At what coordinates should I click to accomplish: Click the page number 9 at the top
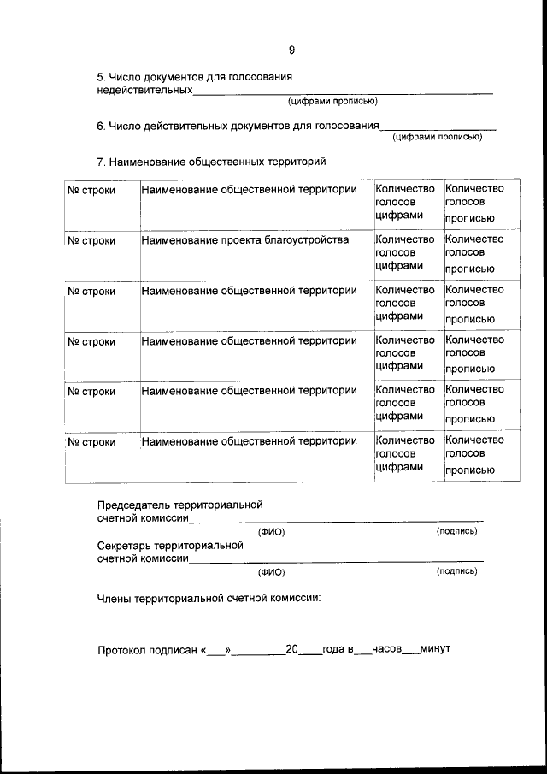pyautogui.click(x=292, y=50)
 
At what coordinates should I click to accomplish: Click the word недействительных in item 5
pyautogui.click(x=144, y=90)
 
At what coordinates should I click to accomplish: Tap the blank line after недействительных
pyautogui.click(x=342, y=91)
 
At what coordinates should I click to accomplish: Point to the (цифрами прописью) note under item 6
pyautogui.click(x=437, y=136)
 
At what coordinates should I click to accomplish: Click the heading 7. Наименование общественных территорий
pyautogui.click(x=212, y=161)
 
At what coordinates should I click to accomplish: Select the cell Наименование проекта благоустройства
pyautogui.click(x=245, y=240)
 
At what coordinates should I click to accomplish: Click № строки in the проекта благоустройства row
pyautogui.click(x=91, y=240)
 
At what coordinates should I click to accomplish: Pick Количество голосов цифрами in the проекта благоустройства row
pyautogui.click(x=405, y=252)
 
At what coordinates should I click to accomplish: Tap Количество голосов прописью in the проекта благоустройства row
pyautogui.click(x=475, y=253)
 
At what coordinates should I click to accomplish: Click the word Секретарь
pyautogui.click(x=127, y=545)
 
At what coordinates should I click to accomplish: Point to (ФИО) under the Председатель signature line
pyautogui.click(x=271, y=532)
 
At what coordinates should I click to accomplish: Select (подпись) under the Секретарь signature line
pyautogui.click(x=456, y=570)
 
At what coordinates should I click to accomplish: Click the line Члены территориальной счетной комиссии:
pyautogui.click(x=209, y=598)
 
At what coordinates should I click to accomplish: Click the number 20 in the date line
pyautogui.click(x=291, y=649)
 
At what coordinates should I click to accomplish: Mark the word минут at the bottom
pyautogui.click(x=435, y=649)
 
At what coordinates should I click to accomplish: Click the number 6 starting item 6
pyautogui.click(x=100, y=126)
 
